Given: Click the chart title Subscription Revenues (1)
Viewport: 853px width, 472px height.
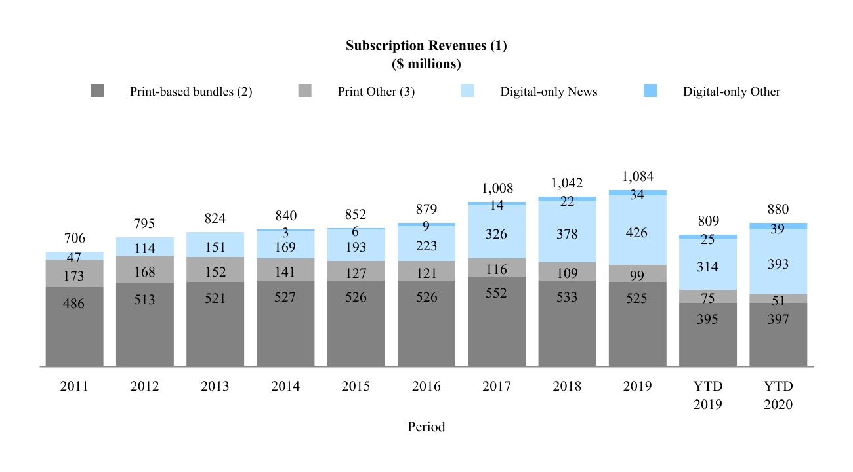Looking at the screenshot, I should coord(426,46).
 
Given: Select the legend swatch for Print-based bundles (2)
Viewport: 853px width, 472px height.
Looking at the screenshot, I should coord(97,92).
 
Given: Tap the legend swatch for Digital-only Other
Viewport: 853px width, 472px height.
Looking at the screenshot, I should coord(650,92).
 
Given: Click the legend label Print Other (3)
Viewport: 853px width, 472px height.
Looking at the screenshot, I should coord(376,92).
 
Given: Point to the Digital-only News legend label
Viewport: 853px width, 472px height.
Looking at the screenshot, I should coord(549,92).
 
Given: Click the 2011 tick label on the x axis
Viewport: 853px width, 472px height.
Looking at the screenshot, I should coord(74,387).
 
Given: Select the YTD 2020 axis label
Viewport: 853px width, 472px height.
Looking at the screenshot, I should coord(778,395).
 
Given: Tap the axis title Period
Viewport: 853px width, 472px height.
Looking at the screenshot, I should coord(426,427).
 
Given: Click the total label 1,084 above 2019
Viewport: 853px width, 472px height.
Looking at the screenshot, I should coord(637,177).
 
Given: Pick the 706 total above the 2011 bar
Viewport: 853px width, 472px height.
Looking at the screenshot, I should coord(74,239).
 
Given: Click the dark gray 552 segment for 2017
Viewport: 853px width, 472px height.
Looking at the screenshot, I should coord(496,321).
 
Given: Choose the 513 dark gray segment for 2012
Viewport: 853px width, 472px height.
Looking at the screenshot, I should coord(144,324).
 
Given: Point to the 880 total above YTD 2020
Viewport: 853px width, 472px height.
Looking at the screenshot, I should coord(778,210).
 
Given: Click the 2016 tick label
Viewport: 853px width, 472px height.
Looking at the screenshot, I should coord(426,387).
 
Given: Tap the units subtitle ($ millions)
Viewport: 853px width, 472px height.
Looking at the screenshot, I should coord(426,64).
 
